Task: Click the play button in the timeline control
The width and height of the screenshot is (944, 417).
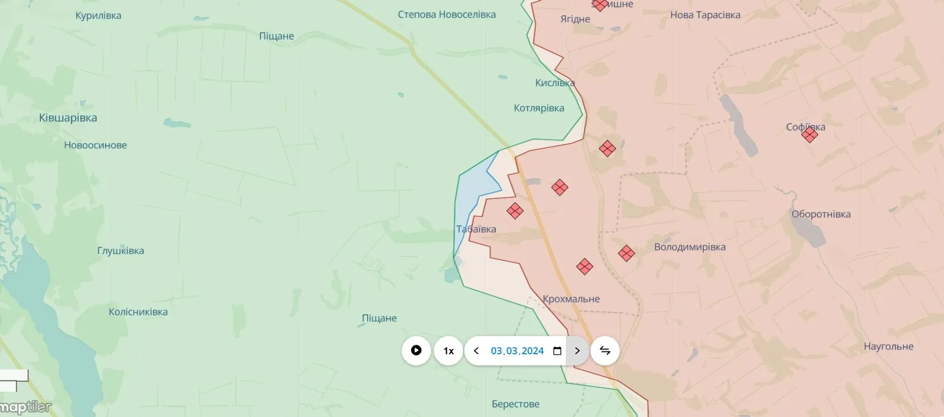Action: click(x=416, y=351)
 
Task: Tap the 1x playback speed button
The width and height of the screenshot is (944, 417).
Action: click(x=449, y=351)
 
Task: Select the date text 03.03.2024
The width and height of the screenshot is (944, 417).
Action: click(x=517, y=351)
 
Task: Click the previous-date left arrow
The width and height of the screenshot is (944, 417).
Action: click(x=476, y=351)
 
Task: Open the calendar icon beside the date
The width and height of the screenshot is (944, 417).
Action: click(x=557, y=351)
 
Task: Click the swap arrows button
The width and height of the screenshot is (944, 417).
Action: click(x=605, y=351)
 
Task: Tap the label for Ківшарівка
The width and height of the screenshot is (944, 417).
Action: click(x=68, y=118)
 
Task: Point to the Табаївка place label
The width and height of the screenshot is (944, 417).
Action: click(x=476, y=229)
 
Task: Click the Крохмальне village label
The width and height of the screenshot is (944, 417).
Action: click(x=571, y=299)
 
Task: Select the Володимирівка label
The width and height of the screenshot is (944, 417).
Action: click(x=690, y=247)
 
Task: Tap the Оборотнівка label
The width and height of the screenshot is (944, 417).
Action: click(x=821, y=214)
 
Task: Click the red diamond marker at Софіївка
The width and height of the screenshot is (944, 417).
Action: click(x=810, y=135)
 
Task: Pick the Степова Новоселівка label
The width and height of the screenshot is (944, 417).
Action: click(x=447, y=15)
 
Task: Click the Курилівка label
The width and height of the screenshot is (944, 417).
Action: click(x=99, y=16)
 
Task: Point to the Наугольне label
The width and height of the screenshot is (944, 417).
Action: click(x=888, y=347)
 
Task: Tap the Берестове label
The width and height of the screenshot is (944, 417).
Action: click(x=515, y=404)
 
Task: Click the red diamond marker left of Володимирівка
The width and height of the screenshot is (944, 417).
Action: click(x=626, y=253)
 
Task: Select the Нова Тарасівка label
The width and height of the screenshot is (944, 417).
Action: click(x=705, y=15)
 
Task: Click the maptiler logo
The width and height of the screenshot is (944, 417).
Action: click(x=26, y=407)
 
